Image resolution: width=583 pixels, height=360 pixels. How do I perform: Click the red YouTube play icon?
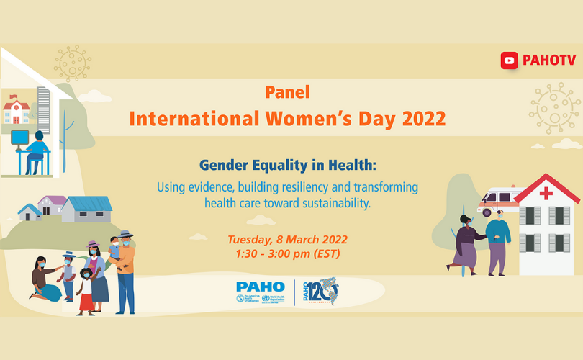coord(510,61)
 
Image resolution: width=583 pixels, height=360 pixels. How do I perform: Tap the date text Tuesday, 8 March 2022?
coord(286,239)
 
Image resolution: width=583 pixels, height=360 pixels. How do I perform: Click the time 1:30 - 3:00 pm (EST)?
coord(286,253)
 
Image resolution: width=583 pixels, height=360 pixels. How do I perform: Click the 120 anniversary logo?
coord(319,291)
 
